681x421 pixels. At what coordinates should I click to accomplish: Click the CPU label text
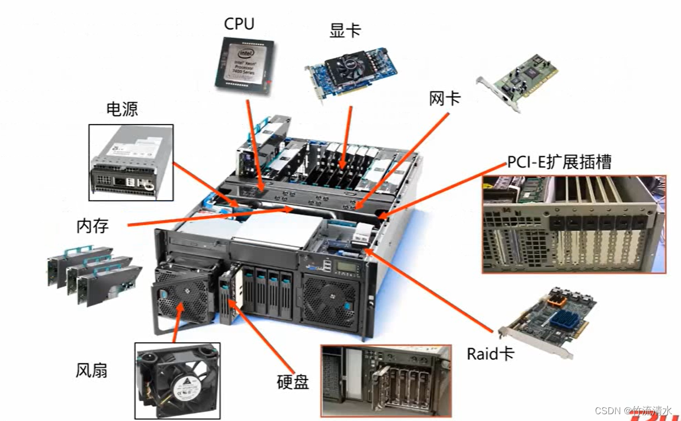[239, 24]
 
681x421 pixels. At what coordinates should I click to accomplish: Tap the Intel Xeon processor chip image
[244, 62]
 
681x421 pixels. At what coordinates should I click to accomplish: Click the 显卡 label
[344, 31]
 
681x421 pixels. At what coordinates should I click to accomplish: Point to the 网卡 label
[445, 99]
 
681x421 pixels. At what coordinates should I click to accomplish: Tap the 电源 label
[122, 109]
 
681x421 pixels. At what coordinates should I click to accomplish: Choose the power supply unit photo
[131, 162]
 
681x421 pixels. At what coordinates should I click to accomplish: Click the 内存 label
[92, 226]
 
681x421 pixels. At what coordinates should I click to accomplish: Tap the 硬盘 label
[293, 382]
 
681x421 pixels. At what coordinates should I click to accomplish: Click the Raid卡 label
[490, 355]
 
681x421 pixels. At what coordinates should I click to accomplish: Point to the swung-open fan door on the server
[182, 297]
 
